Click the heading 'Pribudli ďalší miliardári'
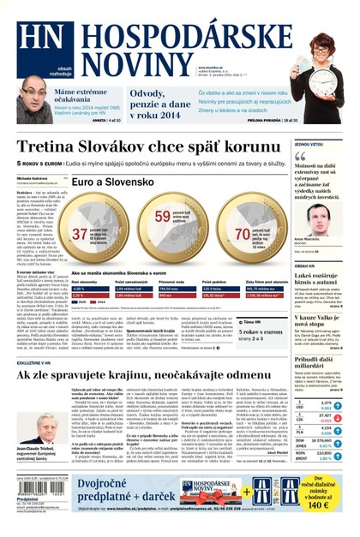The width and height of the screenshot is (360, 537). pyautogui.click(x=321, y=362)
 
